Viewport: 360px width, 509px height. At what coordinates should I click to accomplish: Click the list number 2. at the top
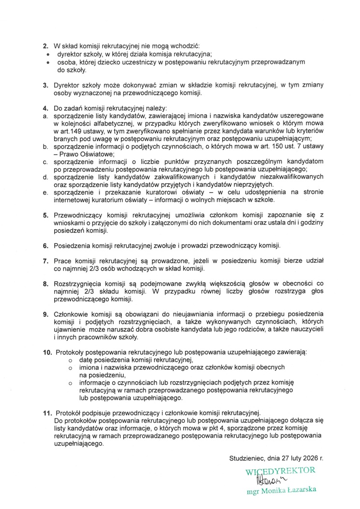tap(45, 45)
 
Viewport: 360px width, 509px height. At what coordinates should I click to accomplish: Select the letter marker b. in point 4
tap(45, 145)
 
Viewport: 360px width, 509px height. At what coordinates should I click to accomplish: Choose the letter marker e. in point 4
tap(45, 192)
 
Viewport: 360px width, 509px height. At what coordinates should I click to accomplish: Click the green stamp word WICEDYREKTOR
tap(280, 470)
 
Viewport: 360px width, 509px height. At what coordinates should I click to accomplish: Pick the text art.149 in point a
tap(65, 130)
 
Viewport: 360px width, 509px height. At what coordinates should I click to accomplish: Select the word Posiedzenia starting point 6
tap(74, 246)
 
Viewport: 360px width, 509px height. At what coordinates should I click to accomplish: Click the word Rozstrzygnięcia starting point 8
tap(80, 284)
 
